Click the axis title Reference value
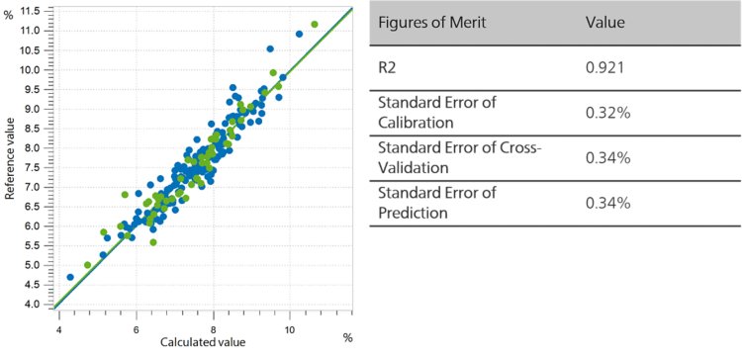[9, 159]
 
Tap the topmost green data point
[315, 24]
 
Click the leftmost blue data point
[70, 277]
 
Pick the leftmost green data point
[88, 265]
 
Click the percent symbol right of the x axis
[347, 338]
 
